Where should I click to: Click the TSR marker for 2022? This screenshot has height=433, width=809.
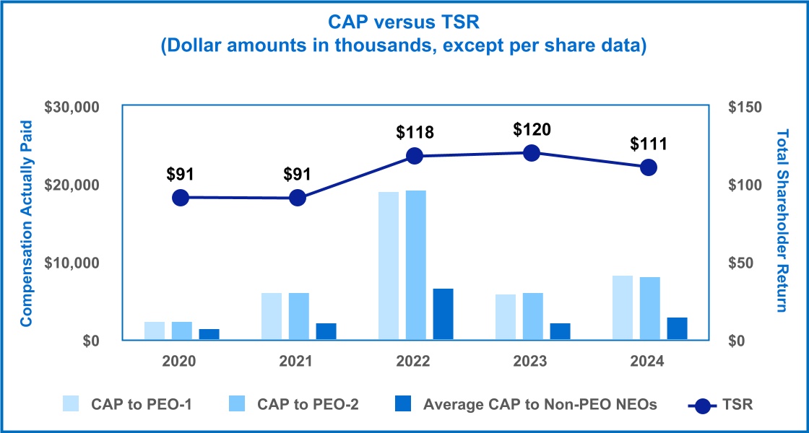[x=415, y=156]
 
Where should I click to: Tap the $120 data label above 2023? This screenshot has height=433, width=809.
[x=532, y=130]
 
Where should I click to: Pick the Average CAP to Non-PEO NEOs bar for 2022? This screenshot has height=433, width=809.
[x=443, y=314]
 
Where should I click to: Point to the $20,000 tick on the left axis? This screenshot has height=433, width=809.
[x=72, y=185]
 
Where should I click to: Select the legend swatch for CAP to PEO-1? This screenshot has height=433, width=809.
[x=72, y=404]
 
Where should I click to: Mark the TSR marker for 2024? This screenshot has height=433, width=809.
[x=649, y=167]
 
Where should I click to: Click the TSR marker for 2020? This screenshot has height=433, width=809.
[x=181, y=198]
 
